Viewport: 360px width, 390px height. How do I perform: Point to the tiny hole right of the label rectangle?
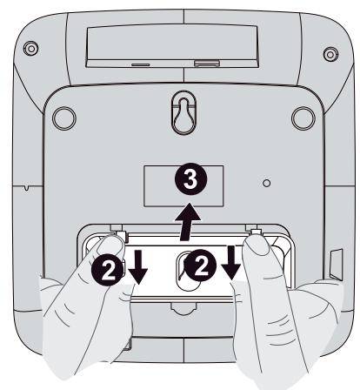(268, 185)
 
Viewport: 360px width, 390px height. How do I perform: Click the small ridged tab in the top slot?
(206, 63)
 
